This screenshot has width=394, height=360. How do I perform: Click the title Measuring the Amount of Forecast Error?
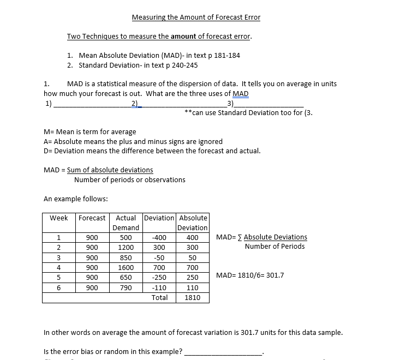tap(196, 17)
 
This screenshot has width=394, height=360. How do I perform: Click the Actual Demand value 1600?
tap(126, 268)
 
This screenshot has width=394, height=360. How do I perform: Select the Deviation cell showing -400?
tap(159, 237)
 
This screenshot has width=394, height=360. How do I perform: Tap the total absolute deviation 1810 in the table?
tap(193, 298)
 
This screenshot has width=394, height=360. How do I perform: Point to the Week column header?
tap(59, 218)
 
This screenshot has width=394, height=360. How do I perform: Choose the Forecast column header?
tap(92, 218)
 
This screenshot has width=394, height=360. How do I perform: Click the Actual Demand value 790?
tap(126, 287)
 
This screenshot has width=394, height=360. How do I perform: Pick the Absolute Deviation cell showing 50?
tap(193, 257)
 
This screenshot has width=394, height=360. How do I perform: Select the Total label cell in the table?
tap(159, 298)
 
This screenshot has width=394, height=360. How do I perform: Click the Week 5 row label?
tap(59, 278)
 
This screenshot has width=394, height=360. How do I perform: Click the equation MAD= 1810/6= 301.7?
tap(250, 275)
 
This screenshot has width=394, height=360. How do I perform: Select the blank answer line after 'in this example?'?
tap(224, 352)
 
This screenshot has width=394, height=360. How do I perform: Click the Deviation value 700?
tap(159, 268)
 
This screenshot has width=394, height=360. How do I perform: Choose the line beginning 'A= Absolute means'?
tap(133, 141)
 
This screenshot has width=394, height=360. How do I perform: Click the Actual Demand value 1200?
tap(126, 248)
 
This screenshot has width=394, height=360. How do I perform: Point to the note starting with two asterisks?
tap(248, 113)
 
